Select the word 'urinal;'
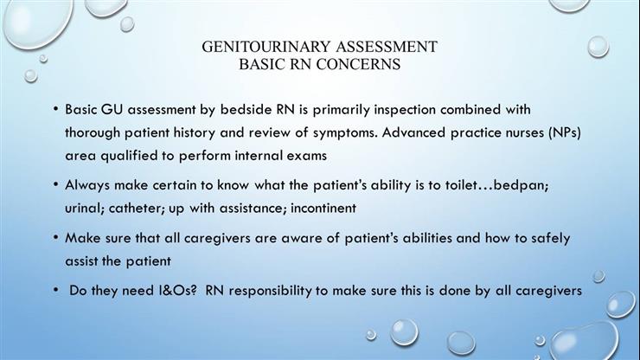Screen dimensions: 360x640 87,208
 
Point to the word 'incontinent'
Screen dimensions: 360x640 327,208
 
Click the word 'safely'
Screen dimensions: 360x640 547,237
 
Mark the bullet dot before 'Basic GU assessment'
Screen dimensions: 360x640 55,111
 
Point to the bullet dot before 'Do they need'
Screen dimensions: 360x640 55,291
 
